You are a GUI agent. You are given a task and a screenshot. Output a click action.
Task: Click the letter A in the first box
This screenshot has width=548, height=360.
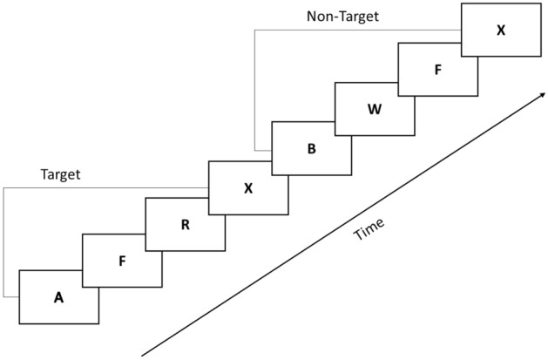(x=58, y=297)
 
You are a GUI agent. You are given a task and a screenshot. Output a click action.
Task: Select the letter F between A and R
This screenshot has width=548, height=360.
(x=122, y=260)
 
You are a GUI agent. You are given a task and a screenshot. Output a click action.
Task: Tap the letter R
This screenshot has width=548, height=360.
(x=185, y=224)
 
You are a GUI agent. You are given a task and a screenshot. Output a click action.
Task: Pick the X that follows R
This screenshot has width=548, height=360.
(x=247, y=187)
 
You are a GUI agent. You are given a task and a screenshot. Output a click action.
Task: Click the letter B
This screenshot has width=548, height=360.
(x=311, y=148)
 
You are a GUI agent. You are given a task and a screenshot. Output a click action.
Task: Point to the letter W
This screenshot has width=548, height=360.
(x=375, y=110)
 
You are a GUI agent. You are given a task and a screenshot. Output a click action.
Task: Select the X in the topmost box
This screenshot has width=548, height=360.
(x=500, y=31)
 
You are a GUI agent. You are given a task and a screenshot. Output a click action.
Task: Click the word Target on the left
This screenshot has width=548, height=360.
(x=61, y=174)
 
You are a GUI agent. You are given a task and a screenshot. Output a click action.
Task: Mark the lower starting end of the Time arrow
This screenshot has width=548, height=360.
(x=143, y=355)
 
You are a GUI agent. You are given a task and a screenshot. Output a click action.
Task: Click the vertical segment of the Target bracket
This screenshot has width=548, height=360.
(x=3, y=244)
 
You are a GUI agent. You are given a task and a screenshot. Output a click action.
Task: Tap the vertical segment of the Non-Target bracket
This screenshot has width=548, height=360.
(x=255, y=87)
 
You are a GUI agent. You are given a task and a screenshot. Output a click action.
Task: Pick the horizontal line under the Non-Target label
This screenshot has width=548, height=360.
(x=357, y=31)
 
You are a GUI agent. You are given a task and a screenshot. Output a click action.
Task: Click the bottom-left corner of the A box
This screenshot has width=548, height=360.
(x=19, y=324)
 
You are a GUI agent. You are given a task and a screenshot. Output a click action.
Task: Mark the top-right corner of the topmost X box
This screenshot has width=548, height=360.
(x=540, y=3)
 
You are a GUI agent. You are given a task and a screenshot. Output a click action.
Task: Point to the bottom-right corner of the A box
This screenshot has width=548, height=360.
(x=99, y=324)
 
